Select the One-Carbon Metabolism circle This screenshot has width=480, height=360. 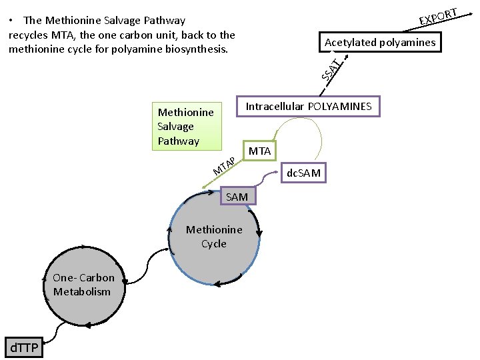pyautogui.click(x=83, y=285)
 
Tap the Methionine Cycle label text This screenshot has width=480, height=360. pyautogui.click(x=214, y=237)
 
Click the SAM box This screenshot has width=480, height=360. pyautogui.click(x=236, y=197)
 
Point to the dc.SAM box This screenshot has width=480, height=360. pyautogui.click(x=303, y=173)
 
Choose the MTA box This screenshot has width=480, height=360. pyautogui.click(x=259, y=151)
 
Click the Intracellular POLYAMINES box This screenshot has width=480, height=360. pyautogui.click(x=309, y=107)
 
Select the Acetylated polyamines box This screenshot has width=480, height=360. pyautogui.click(x=379, y=43)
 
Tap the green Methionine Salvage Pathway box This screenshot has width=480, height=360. pyautogui.click(x=185, y=127)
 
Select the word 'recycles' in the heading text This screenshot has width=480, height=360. pyautogui.click(x=27, y=35)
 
